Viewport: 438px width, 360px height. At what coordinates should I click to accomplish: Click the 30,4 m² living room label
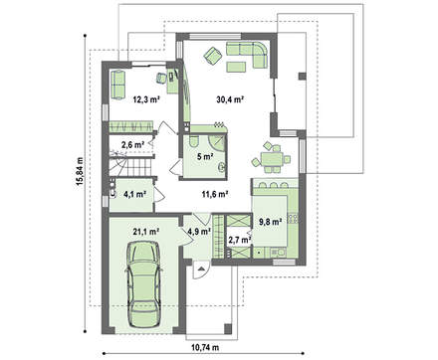[x=230, y=98]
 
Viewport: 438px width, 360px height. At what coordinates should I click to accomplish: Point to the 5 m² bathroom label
[x=205, y=157]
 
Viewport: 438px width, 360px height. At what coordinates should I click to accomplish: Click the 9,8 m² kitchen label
[x=270, y=222]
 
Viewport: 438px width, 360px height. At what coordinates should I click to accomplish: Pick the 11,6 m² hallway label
[x=214, y=194]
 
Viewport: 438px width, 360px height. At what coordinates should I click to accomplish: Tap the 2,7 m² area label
[x=239, y=240]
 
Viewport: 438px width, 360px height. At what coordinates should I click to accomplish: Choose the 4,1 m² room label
[x=135, y=194]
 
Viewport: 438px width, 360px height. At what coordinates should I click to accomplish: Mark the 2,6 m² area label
[x=132, y=144]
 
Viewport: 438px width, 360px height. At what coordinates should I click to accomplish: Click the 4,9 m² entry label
[x=199, y=231]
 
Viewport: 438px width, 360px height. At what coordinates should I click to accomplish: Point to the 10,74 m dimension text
[x=205, y=348]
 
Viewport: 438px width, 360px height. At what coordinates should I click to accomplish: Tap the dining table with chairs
[x=271, y=157]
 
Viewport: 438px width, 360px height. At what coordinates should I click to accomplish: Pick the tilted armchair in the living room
[x=212, y=56]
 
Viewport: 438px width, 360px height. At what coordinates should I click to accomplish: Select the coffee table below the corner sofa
[x=236, y=67]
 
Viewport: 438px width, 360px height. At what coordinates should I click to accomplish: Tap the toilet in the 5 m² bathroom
[x=193, y=141]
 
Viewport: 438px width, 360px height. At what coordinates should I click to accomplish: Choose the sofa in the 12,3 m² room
[x=117, y=85]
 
